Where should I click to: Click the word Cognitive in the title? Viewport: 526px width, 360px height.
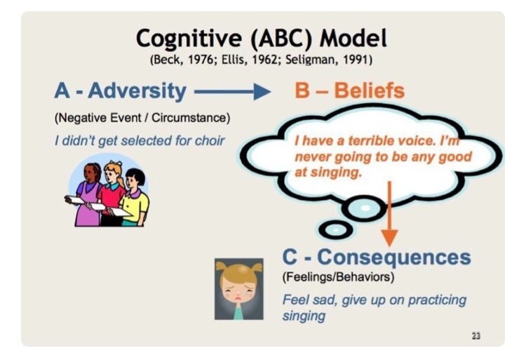tap(189, 39)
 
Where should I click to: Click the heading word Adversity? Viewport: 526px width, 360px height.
tap(137, 91)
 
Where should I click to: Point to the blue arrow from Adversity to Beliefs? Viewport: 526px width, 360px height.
tap(232, 91)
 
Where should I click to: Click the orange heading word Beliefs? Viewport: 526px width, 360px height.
tap(370, 91)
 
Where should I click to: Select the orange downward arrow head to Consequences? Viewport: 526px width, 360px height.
tap(389, 237)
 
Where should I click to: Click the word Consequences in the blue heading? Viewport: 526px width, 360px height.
tap(394, 258)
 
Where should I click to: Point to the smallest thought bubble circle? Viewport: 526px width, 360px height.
tap(335, 229)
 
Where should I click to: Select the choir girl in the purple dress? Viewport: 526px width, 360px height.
tap(88, 194)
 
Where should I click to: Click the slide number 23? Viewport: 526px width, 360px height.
tap(476, 335)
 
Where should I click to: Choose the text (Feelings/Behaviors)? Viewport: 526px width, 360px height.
tap(338, 277)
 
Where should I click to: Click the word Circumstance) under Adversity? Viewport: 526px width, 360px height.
tap(191, 118)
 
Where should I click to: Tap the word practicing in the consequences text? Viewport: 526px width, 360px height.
tap(437, 300)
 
